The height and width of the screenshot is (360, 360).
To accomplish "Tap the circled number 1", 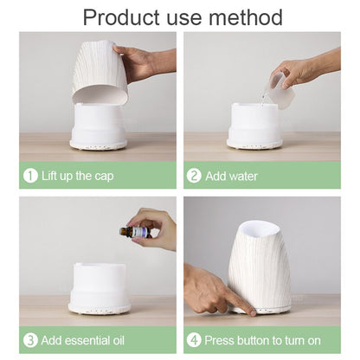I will (x=31, y=176).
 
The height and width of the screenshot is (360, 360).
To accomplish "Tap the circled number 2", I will (x=194, y=176).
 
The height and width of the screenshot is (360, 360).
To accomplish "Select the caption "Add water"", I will (x=231, y=176).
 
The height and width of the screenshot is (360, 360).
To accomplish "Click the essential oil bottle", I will (x=138, y=232).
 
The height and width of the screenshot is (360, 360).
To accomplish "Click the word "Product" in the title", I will (x=122, y=16).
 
